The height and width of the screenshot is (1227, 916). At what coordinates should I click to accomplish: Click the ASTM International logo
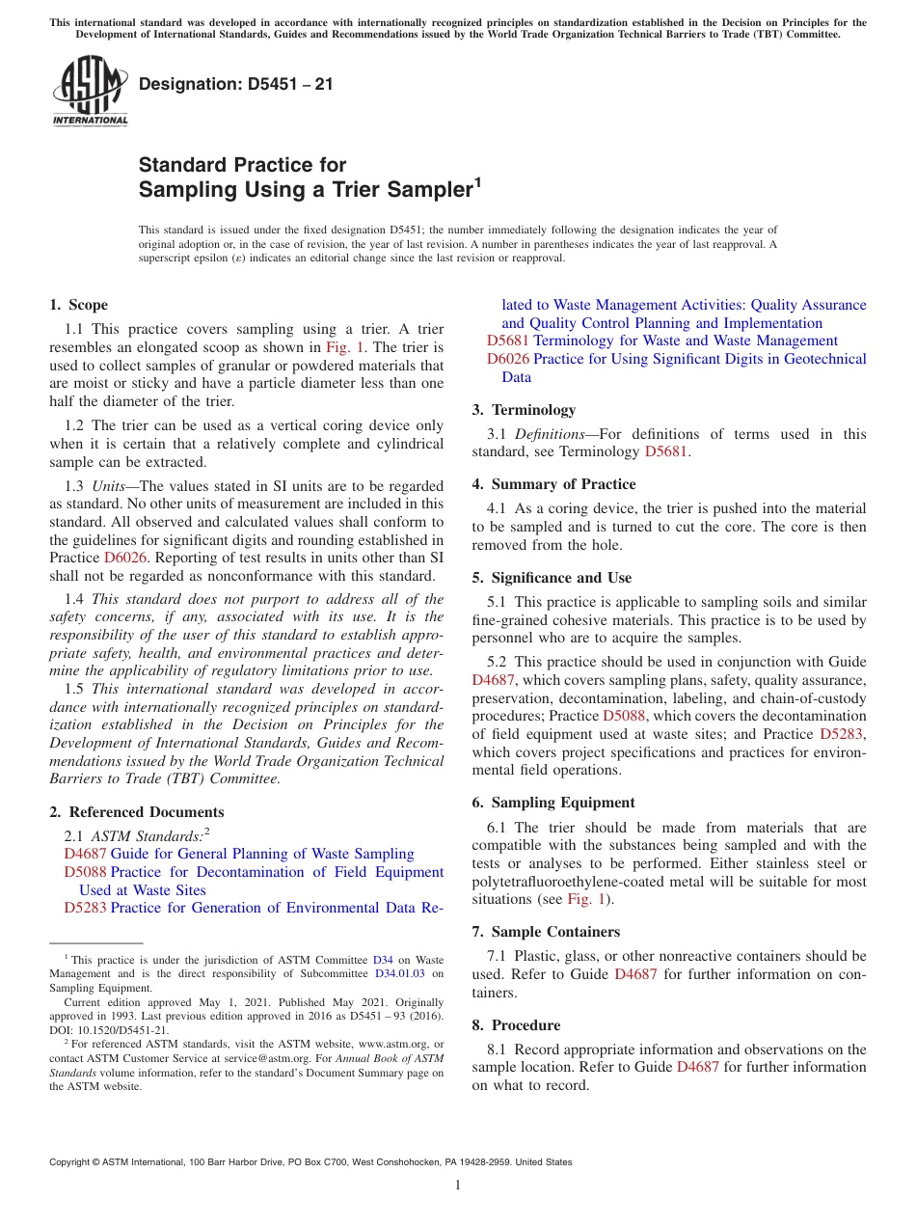(x=90, y=92)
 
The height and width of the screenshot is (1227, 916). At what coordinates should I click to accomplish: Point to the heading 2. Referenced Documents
(x=136, y=812)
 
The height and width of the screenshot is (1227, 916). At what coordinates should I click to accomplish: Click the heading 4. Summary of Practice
(x=553, y=484)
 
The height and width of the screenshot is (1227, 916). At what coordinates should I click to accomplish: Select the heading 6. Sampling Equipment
(x=552, y=803)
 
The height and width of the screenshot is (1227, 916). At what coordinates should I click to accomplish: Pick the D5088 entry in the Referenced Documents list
(x=85, y=872)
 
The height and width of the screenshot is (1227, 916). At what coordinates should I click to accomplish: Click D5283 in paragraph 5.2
(x=842, y=734)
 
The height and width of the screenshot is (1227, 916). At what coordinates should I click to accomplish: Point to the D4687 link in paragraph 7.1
(x=635, y=974)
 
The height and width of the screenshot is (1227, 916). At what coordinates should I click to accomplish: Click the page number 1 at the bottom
(x=458, y=1185)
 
